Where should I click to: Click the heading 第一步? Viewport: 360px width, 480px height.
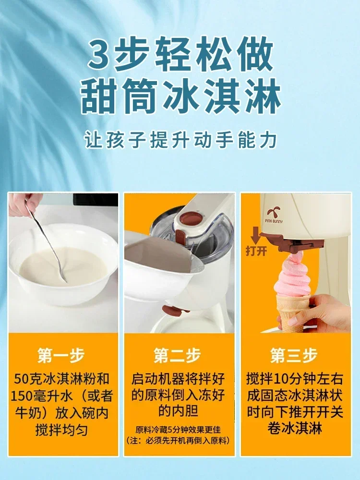click(x=61, y=355)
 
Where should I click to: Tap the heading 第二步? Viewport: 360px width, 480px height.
click(x=177, y=355)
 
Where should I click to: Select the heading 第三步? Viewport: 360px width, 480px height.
click(x=294, y=355)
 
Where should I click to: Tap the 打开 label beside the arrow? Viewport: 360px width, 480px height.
click(x=256, y=251)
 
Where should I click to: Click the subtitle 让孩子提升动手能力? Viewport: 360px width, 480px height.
click(x=180, y=140)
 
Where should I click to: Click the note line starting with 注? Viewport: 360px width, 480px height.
click(x=178, y=441)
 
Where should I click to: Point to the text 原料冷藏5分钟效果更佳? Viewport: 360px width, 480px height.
click(x=178, y=430)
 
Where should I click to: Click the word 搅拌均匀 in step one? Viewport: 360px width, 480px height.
click(x=61, y=430)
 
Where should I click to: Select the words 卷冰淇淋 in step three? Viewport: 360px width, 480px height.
click(x=295, y=428)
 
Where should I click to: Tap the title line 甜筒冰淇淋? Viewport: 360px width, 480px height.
click(x=180, y=96)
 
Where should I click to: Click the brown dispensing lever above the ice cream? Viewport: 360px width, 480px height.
click(x=292, y=243)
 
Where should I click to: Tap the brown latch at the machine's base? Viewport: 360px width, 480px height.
click(x=175, y=310)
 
